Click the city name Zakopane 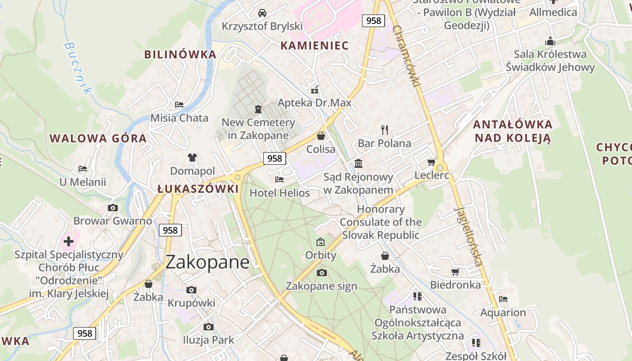(208, 262)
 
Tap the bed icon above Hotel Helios (279, 180)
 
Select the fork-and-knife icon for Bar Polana (385, 130)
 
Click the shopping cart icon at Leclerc (432, 162)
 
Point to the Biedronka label (455, 285)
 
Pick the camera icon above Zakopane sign (321, 273)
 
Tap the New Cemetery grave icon (258, 109)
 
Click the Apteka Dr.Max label (314, 103)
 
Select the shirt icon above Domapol (192, 157)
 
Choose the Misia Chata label (179, 118)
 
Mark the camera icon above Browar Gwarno (113, 208)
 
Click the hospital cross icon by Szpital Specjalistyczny (69, 241)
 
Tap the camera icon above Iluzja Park (208, 327)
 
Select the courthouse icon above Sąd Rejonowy (358, 163)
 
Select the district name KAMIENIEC (314, 46)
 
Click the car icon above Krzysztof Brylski (262, 13)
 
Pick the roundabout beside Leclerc (440, 168)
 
